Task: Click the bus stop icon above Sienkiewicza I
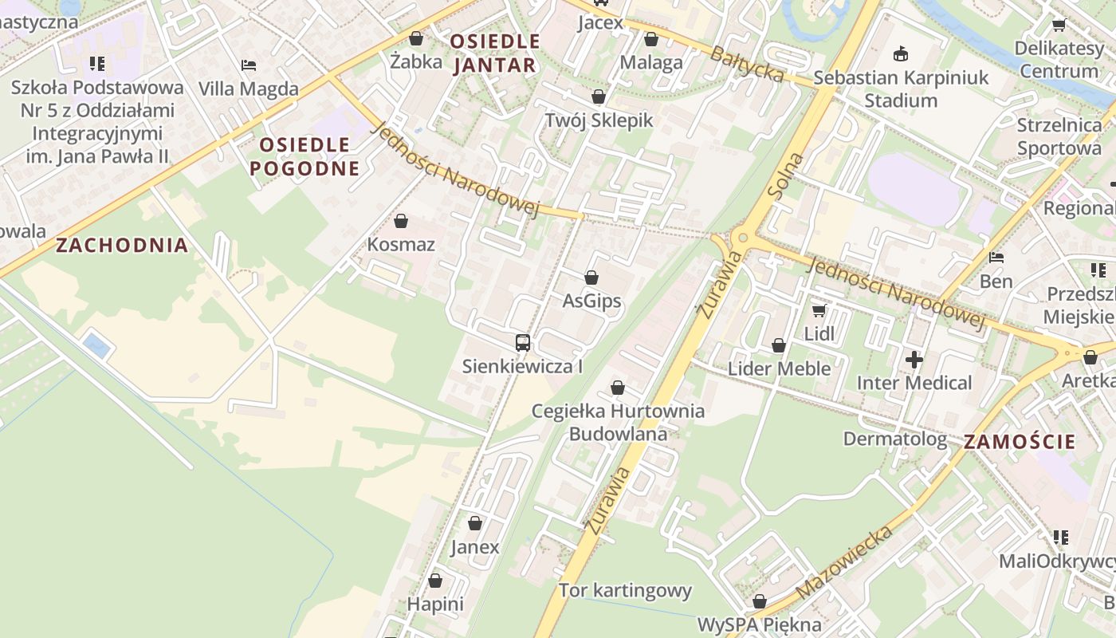click(523, 343)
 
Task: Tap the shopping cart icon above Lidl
click(819, 310)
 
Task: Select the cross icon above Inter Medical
click(914, 360)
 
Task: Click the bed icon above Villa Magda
click(249, 65)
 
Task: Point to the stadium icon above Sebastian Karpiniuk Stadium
click(902, 53)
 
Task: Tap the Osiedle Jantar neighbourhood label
click(495, 53)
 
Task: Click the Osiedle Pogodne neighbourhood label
click(305, 156)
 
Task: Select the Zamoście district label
click(1020, 442)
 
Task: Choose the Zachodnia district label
click(122, 246)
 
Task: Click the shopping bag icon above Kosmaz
click(401, 221)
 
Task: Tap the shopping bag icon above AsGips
click(591, 278)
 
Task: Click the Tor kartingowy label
click(625, 591)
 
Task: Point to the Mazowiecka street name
click(844, 562)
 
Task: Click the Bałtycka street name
click(747, 63)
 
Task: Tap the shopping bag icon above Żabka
click(416, 37)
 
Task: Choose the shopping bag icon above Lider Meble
click(779, 345)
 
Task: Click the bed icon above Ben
click(996, 258)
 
